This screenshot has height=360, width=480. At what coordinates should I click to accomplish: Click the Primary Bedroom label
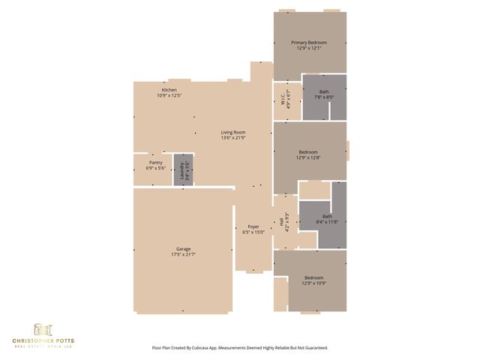point(309,43)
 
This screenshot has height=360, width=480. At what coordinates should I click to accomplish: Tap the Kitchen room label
point(169,90)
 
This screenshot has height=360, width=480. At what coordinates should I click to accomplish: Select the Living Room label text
point(233,132)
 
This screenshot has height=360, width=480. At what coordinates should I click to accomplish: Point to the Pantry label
point(155,162)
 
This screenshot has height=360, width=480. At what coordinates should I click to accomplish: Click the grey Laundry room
point(183,170)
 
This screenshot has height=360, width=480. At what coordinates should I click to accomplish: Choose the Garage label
point(183,249)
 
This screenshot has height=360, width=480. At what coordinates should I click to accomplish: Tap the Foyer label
point(253,226)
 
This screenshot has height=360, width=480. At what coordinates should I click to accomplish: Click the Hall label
point(281,222)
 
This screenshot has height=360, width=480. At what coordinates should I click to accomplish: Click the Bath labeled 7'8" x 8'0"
point(323,91)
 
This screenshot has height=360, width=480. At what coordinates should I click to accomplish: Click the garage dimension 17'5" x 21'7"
point(183,254)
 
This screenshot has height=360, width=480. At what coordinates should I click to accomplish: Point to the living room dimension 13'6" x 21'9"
point(233,137)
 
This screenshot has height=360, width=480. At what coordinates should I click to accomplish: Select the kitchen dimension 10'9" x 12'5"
point(169,95)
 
